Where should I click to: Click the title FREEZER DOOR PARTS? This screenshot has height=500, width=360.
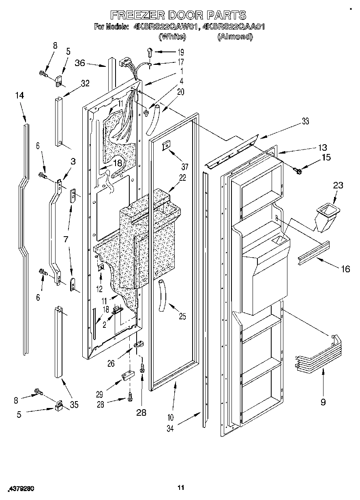pos(179,15)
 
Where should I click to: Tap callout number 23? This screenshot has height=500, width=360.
pos(327,186)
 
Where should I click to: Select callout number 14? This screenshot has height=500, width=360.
pos(19,96)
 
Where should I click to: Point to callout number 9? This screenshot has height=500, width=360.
pos(323,402)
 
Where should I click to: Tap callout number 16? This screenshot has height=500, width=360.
pos(345,268)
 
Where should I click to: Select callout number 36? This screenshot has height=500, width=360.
pos(80,62)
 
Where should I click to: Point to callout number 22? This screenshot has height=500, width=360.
pos(182,177)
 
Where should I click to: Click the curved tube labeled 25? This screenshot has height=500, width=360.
pos(164,295)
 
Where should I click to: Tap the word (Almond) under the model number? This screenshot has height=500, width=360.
pos(235,37)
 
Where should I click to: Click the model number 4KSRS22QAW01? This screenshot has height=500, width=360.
pos(162,27)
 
